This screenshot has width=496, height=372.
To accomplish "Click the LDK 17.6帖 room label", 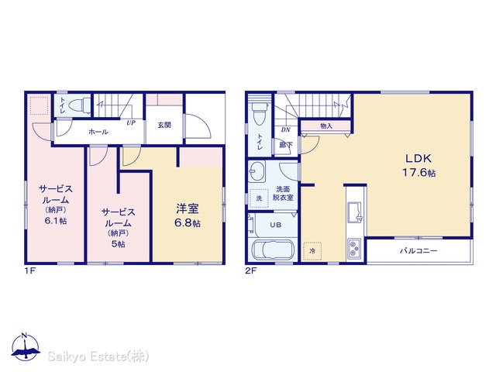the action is (x=418, y=165).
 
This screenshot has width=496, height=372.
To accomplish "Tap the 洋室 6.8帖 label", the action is (x=188, y=215).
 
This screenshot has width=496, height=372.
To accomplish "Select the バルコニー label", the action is (x=418, y=251).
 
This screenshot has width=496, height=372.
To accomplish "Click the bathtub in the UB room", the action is (x=273, y=250).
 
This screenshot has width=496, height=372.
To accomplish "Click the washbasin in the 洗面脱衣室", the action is (x=257, y=171).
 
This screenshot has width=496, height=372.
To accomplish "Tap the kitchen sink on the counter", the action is (x=355, y=212).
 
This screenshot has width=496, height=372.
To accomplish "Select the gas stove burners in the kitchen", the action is (x=355, y=249).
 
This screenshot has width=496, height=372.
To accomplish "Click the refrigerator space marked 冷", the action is (x=312, y=251).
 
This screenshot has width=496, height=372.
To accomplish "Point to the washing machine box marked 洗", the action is (x=259, y=198).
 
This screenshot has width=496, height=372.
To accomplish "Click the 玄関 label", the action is (x=164, y=126).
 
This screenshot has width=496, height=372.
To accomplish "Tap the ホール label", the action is (x=98, y=132).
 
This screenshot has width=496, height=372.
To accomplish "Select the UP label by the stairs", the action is (x=131, y=122).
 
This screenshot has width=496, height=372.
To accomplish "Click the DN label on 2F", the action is (x=286, y=129).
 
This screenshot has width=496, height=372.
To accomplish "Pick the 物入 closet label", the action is (x=326, y=126).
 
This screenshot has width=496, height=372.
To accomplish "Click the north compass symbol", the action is (x=26, y=346).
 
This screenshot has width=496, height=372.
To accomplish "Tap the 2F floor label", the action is (x=251, y=270).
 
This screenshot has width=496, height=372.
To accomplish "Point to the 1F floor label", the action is (x=30, y=270).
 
